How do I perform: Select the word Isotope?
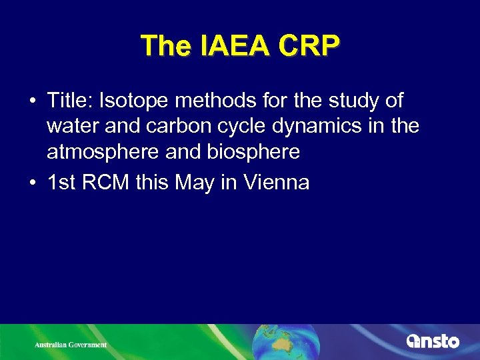[x=131, y=101]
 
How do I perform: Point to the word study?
[x=352, y=101]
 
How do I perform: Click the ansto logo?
[x=433, y=341]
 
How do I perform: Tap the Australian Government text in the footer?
[x=71, y=345]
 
